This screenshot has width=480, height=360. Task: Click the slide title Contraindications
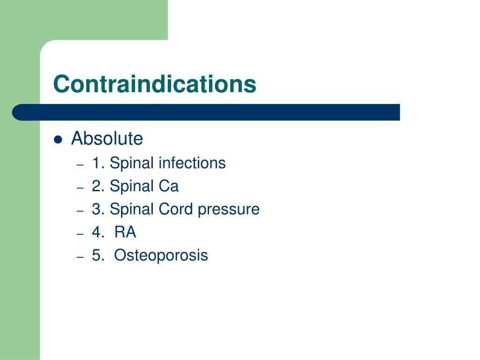click(x=155, y=84)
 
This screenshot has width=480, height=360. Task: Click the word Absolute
click(x=107, y=139)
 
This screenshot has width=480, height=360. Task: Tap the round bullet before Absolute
click(x=58, y=140)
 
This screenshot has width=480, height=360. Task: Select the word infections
click(x=192, y=163)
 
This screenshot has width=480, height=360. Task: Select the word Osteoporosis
click(x=161, y=255)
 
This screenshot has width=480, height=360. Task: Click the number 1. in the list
click(x=98, y=163)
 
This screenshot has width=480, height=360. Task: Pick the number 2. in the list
click(x=98, y=187)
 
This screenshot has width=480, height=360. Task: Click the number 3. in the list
click(x=98, y=209)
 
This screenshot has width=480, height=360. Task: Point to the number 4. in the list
click(x=98, y=232)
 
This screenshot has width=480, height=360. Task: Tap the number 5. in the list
click(x=98, y=255)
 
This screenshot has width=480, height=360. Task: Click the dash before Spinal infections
click(x=80, y=165)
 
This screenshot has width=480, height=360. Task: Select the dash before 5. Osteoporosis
click(x=80, y=257)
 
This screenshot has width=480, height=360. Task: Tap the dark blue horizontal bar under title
click(x=206, y=112)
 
